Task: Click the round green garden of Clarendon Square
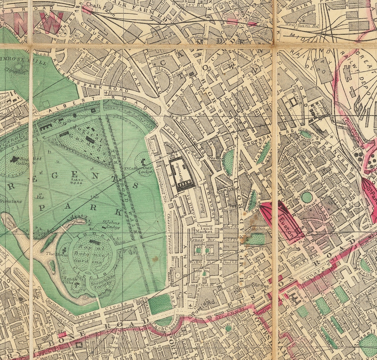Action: (x=307, y=198)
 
